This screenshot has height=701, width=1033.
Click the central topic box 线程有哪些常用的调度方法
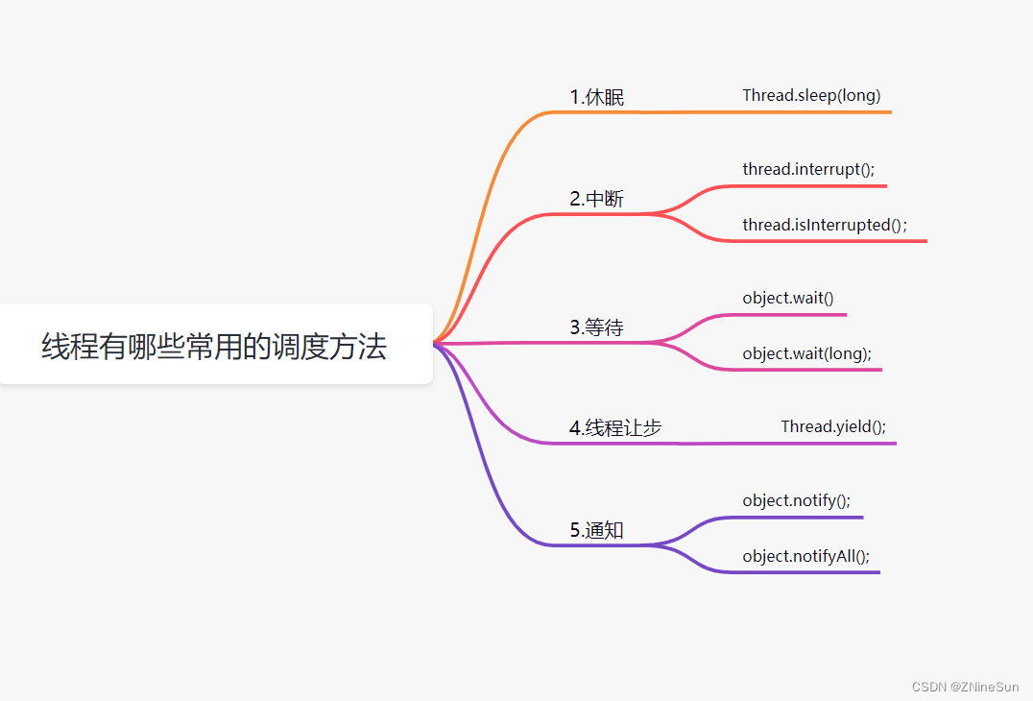(214, 346)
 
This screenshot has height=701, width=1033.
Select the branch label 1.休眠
(597, 97)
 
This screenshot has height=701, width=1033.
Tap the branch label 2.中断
(597, 199)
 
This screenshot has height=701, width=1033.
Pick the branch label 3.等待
(597, 327)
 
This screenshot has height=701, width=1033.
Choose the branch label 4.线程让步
(615, 428)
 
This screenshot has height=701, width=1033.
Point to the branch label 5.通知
(597, 530)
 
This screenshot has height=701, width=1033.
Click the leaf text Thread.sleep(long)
(811, 95)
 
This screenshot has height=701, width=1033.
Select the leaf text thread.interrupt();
(808, 169)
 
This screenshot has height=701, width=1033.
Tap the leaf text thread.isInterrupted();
(824, 225)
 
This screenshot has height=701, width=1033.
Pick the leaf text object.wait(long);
(807, 353)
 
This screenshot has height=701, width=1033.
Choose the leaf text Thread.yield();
(833, 426)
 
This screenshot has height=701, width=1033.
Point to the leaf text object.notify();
(797, 500)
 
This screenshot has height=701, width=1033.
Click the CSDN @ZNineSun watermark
(965, 687)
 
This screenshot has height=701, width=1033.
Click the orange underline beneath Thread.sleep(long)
(816, 112)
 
